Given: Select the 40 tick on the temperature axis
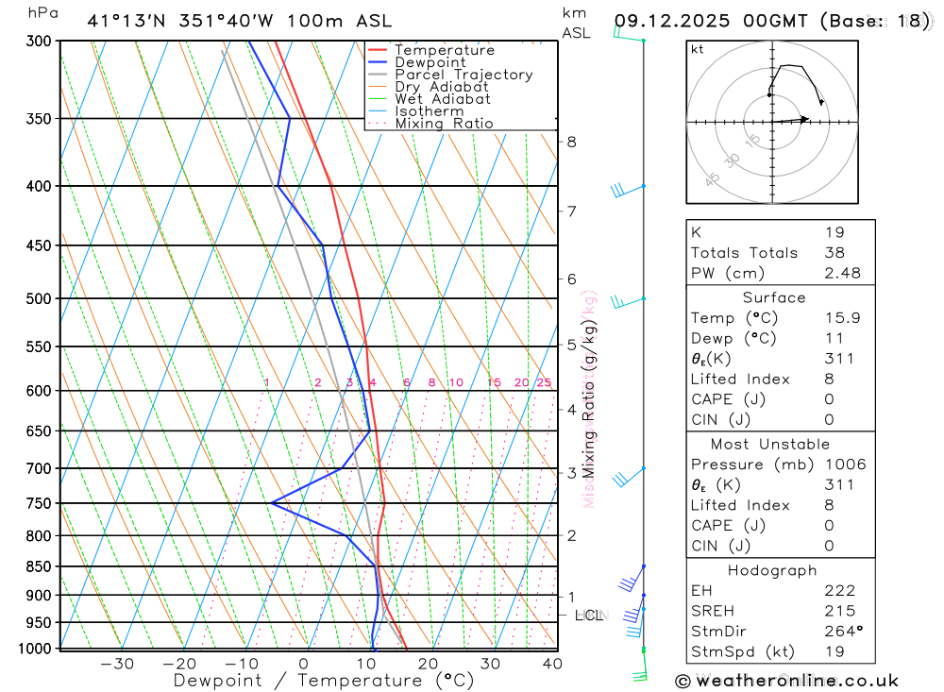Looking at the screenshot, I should [551, 664].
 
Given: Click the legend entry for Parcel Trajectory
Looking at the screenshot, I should [463, 75].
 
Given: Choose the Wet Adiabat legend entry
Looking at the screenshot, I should [442, 99].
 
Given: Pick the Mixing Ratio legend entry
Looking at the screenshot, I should [443, 124].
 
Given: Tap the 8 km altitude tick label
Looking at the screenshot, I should [571, 142].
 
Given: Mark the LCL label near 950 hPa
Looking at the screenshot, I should [589, 616].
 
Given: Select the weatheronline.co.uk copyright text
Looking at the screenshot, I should [786, 681].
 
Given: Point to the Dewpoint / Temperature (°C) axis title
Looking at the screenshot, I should [324, 681].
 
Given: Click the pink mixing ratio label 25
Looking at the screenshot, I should [544, 382].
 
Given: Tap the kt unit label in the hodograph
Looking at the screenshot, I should [698, 50].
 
